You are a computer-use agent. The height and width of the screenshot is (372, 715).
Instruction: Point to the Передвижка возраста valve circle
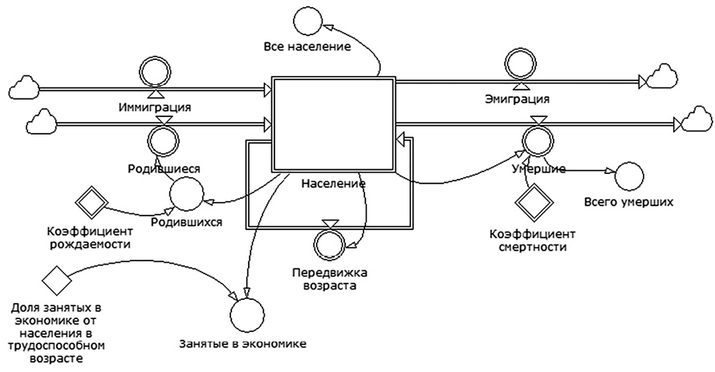[330, 242]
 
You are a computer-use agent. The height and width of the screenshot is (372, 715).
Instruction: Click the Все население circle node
[307, 19]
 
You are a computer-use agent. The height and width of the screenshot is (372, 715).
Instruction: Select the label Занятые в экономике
[244, 345]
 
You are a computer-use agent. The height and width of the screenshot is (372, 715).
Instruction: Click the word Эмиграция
[518, 99]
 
